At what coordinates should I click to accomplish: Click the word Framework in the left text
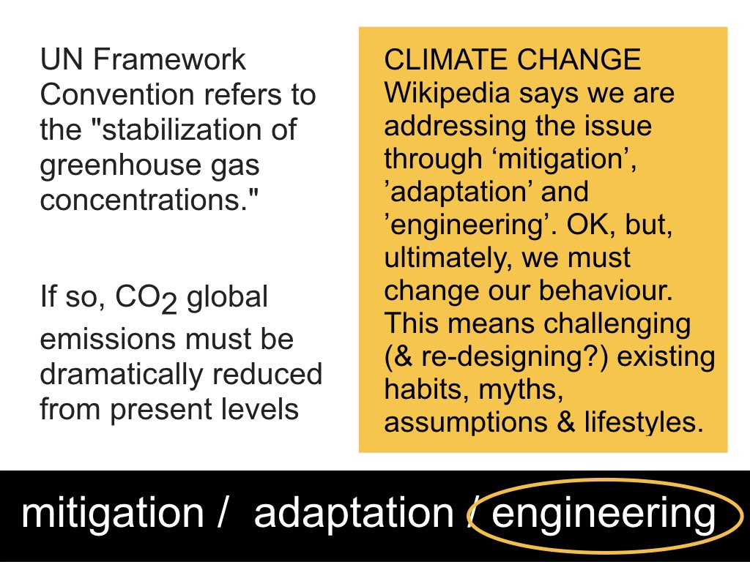169,59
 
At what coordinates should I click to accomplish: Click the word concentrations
144,200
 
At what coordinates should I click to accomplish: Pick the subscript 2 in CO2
168,304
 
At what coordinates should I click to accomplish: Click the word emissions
108,340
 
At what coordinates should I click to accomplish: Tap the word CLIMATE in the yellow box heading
446,60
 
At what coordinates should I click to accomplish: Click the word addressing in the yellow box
456,127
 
